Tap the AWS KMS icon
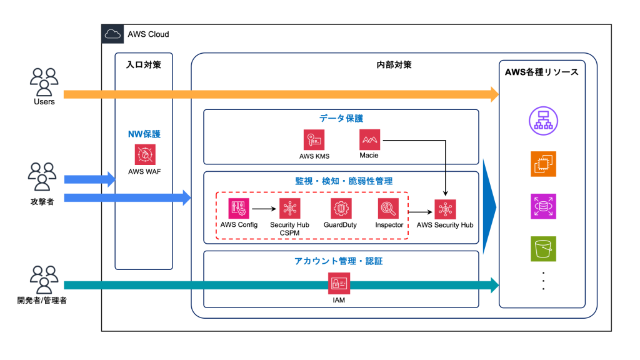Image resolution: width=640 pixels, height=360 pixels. point(314,139)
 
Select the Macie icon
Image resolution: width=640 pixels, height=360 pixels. point(369,139)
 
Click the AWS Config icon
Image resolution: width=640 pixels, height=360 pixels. point(239,208)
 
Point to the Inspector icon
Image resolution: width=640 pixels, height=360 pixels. point(388,208)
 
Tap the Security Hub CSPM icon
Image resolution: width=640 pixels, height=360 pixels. point(290,208)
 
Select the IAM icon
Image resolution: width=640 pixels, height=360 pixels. point(339,284)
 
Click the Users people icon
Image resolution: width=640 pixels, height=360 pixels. point(44,81)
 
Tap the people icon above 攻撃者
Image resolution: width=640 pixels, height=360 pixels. point(43,177)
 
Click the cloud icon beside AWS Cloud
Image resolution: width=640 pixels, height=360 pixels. point(112,34)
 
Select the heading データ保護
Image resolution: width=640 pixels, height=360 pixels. point(341,118)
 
